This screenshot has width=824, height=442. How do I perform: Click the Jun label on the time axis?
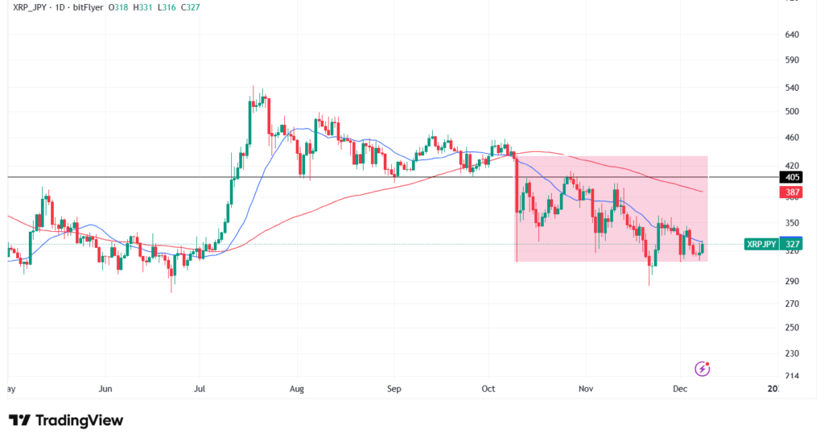(105, 389)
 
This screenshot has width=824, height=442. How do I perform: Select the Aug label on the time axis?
(296, 389)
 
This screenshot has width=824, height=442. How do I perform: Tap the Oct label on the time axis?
(489, 389)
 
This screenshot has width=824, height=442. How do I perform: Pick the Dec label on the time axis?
(680, 389)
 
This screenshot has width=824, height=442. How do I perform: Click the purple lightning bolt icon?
(702, 369)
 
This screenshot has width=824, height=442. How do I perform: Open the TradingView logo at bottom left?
(66, 420)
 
